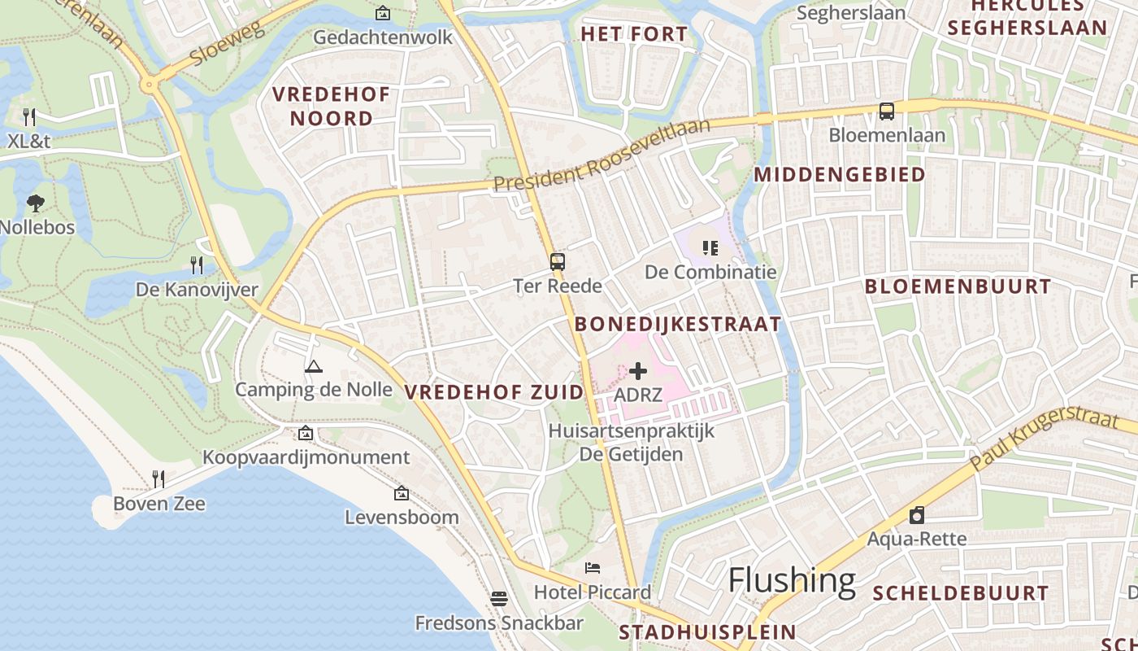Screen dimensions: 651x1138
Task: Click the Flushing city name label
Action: pyautogui.click(x=792, y=580)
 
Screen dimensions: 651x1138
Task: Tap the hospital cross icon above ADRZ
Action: pyautogui.click(x=638, y=371)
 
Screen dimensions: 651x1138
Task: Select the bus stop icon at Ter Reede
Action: pyautogui.click(x=558, y=262)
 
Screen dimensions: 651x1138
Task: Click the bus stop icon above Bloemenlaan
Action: pyautogui.click(x=887, y=111)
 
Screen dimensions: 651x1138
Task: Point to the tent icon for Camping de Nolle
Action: pyautogui.click(x=314, y=366)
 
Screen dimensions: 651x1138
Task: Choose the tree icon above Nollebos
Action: pyautogui.click(x=36, y=203)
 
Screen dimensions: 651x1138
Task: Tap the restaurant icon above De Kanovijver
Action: pyautogui.click(x=197, y=264)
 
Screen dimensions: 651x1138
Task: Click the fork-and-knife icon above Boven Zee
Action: pyautogui.click(x=159, y=479)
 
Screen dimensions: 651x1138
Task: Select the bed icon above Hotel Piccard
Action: pyautogui.click(x=593, y=568)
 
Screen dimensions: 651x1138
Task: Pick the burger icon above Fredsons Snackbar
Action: pyautogui.click(x=499, y=599)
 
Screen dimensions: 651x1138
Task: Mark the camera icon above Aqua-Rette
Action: pyautogui.click(x=917, y=515)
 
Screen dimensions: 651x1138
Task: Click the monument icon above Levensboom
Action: pyautogui.click(x=402, y=493)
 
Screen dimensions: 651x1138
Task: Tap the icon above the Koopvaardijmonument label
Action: pyautogui.click(x=306, y=433)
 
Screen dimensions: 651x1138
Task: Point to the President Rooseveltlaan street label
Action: pyautogui.click(x=602, y=155)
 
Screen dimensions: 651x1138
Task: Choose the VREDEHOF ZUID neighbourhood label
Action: pyautogui.click(x=494, y=392)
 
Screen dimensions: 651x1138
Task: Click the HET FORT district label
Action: pyautogui.click(x=634, y=34)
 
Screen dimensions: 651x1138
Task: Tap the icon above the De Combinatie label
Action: pyautogui.click(x=710, y=247)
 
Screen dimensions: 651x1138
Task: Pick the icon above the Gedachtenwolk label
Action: pyautogui.click(x=383, y=13)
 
